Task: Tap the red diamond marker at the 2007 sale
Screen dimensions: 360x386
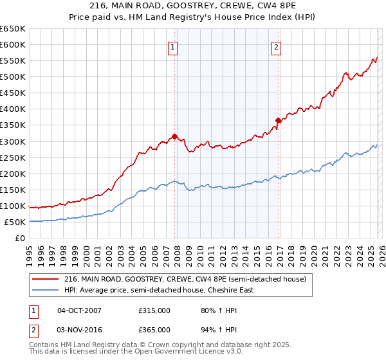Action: click(x=174, y=136)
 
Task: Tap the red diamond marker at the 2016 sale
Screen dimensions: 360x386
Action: click(x=278, y=120)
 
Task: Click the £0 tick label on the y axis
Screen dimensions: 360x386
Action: click(x=21, y=238)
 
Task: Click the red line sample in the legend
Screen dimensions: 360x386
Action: click(x=46, y=279)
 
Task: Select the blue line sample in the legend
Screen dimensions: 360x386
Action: click(x=46, y=290)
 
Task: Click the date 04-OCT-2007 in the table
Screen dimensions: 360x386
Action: click(x=79, y=310)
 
